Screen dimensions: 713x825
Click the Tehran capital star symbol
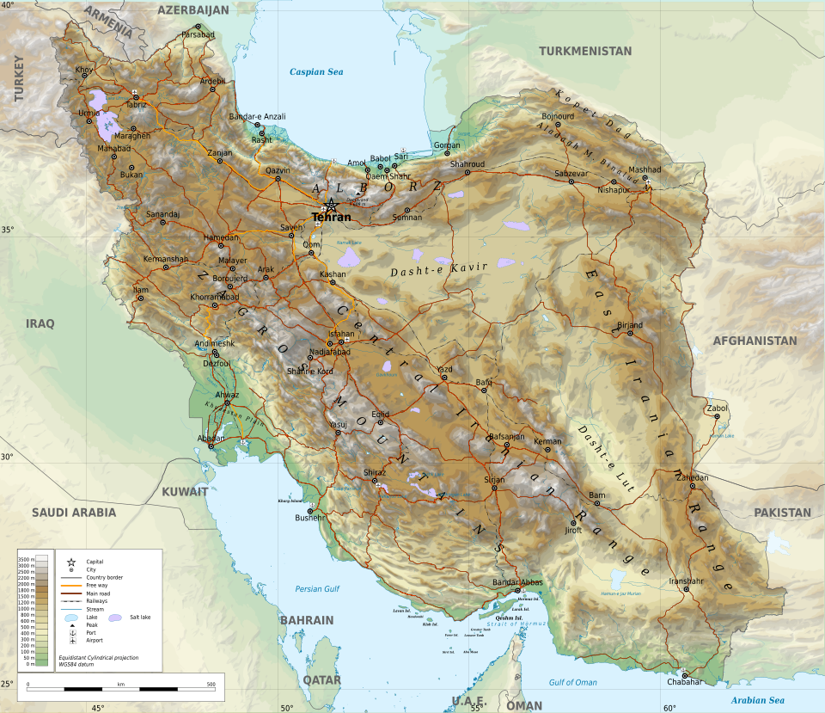click(x=331, y=205)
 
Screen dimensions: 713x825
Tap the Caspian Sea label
click(x=315, y=72)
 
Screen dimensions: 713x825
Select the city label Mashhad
click(x=645, y=170)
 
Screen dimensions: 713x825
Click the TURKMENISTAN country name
click(x=584, y=52)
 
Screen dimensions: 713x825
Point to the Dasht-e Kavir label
click(x=438, y=269)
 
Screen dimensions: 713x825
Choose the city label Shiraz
click(x=375, y=473)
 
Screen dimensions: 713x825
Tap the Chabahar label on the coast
click(x=684, y=682)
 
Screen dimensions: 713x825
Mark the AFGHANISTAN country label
click(x=755, y=341)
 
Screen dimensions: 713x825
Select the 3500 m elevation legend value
click(x=27, y=560)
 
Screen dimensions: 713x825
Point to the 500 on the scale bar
click(x=211, y=685)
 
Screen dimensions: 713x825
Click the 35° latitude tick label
click(x=7, y=230)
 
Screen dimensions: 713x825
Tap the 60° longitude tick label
click(x=669, y=708)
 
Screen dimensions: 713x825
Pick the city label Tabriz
click(x=137, y=104)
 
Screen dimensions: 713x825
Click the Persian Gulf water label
click(x=317, y=589)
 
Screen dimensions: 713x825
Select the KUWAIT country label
click(x=185, y=492)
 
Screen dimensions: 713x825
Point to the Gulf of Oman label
click(x=572, y=682)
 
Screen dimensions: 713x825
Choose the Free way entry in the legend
click(x=96, y=586)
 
